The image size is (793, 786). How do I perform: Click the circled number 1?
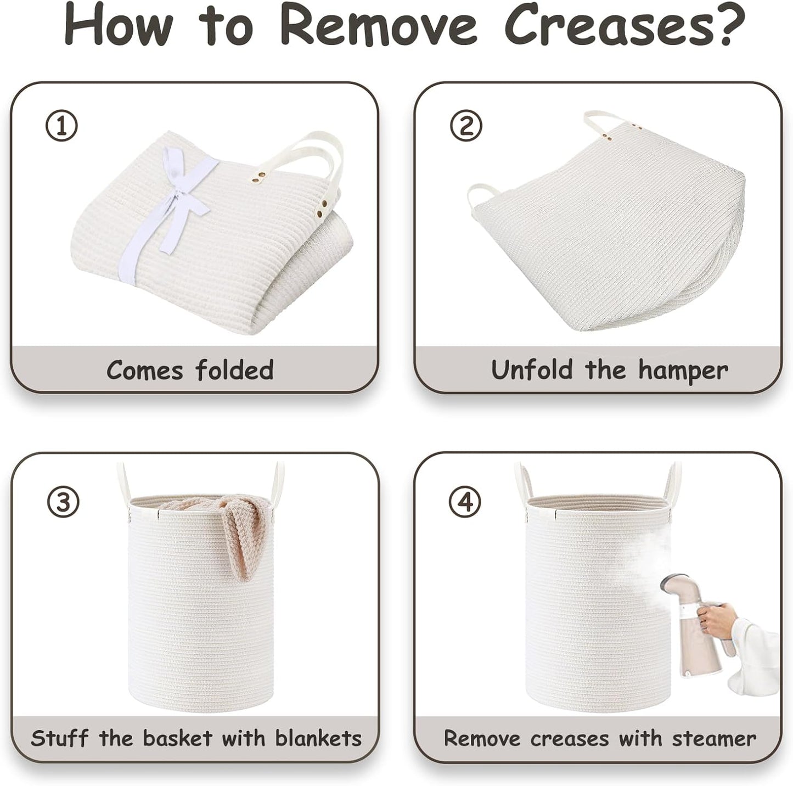pyautogui.click(x=61, y=126)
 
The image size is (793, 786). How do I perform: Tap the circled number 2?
pyautogui.click(x=466, y=126)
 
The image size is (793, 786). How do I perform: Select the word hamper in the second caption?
pyautogui.click(x=683, y=370)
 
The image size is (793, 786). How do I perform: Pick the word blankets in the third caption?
pyautogui.click(x=318, y=738)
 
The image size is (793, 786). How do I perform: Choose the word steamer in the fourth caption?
pyautogui.click(x=714, y=739)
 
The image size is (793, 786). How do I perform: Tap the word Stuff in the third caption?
pyautogui.click(x=59, y=738)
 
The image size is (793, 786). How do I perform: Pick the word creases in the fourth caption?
pyautogui.click(x=569, y=739)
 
